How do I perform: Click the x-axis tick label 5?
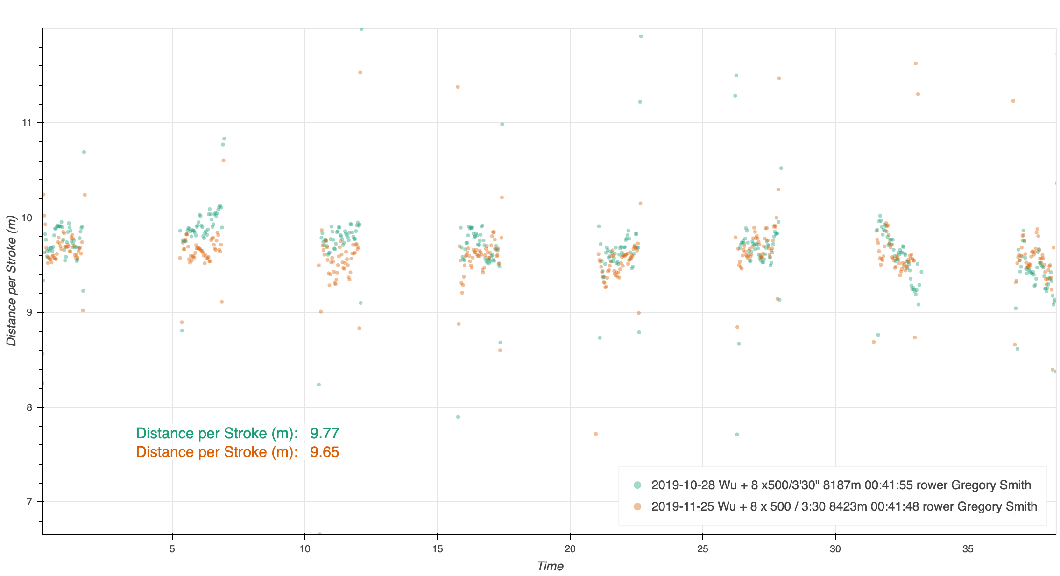pyautogui.click(x=172, y=549)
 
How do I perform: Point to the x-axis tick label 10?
pyautogui.click(x=305, y=549)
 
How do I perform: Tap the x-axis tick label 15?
pyautogui.click(x=438, y=549)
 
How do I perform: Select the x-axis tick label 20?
pyautogui.click(x=570, y=549)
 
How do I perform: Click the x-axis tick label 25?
pyautogui.click(x=703, y=549)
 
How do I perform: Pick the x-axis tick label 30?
pyautogui.click(x=835, y=549)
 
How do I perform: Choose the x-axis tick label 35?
pyautogui.click(x=968, y=549)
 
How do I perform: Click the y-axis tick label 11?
pyautogui.click(x=27, y=123)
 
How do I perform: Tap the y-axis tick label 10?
pyautogui.click(x=27, y=218)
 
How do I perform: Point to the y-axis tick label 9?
pyautogui.click(x=29, y=313)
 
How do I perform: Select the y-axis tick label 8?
pyautogui.click(x=29, y=407)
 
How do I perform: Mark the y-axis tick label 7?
pyautogui.click(x=29, y=502)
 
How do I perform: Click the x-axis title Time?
pyautogui.click(x=550, y=566)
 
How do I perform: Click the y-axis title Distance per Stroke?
pyautogui.click(x=12, y=281)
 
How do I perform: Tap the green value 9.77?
pyautogui.click(x=325, y=434)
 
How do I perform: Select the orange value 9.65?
pyautogui.click(x=325, y=452)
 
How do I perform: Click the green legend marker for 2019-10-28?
pyautogui.click(x=637, y=485)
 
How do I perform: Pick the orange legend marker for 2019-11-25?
pyautogui.click(x=637, y=506)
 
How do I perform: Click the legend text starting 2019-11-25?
pyautogui.click(x=844, y=506)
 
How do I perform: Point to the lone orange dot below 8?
pyautogui.click(x=596, y=434)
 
